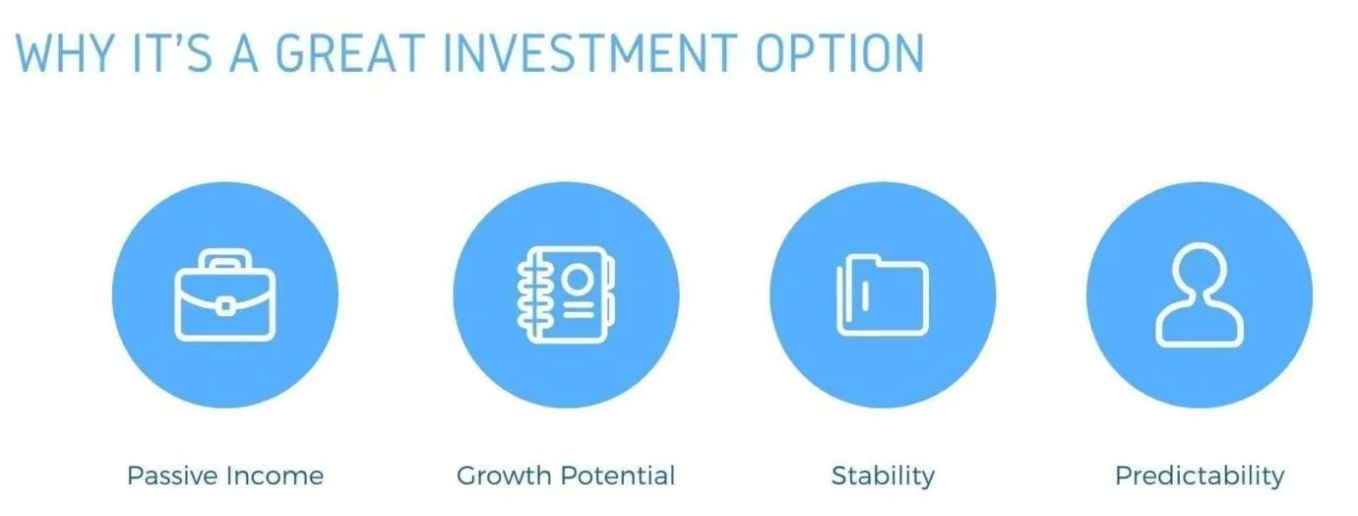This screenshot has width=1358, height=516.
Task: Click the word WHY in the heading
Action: click(65, 53)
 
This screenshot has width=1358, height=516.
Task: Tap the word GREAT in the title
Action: click(349, 53)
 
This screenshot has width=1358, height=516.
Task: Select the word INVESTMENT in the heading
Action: click(590, 53)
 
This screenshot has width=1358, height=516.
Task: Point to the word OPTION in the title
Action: click(840, 53)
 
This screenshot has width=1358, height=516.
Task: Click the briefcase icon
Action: click(225, 294)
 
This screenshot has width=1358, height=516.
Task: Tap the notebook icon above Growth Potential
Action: click(566, 294)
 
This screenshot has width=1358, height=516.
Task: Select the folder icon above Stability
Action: click(883, 295)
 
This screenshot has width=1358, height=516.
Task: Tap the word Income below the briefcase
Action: click(275, 476)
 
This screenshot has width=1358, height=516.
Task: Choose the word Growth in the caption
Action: click(504, 476)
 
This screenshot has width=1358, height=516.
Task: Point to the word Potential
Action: click(618, 476)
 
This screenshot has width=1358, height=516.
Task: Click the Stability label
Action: click(883, 477)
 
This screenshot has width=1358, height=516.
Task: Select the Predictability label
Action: click(1200, 477)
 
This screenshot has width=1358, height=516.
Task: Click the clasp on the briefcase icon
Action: click(225, 305)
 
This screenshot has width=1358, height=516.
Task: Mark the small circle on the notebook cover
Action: click(577, 279)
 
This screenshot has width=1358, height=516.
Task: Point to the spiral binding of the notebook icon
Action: click(528, 294)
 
